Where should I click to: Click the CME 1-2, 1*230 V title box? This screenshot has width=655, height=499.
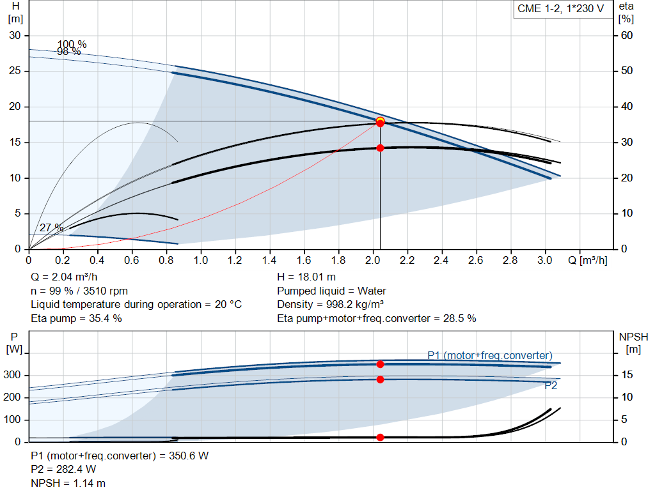point(560,10)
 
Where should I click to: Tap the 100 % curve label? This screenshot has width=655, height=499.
point(72,44)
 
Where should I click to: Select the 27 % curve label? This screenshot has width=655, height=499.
point(52,227)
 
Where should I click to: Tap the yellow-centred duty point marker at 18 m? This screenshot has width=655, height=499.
point(380,121)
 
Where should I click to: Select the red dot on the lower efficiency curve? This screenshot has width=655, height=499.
point(380,148)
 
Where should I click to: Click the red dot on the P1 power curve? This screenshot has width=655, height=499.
point(380,364)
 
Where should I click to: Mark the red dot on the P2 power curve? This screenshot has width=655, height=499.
point(380,380)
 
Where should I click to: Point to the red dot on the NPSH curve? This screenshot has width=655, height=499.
point(380,437)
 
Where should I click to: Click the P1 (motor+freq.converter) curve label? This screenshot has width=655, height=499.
point(490,355)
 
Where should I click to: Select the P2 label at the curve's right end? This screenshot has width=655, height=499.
point(551,386)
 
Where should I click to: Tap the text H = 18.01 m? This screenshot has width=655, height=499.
point(306,277)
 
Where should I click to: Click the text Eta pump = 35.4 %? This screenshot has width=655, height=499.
point(76,318)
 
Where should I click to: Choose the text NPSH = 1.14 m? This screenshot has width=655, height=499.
point(68,483)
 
